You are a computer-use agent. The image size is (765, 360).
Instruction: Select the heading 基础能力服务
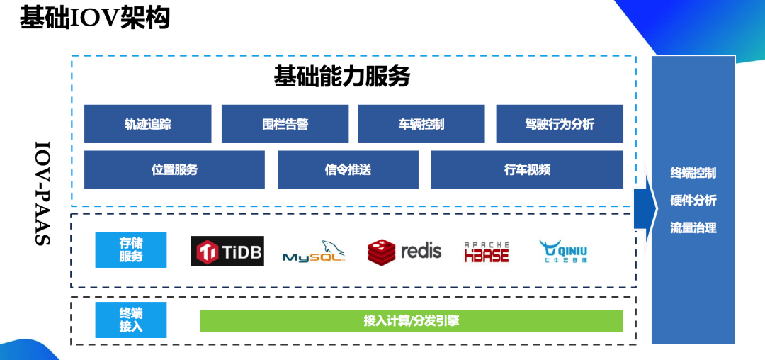point(341,77)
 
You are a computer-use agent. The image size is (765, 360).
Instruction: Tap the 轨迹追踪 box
point(147,124)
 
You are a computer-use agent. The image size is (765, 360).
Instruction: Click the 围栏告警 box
point(285,124)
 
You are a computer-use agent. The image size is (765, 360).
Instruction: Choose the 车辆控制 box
point(421,124)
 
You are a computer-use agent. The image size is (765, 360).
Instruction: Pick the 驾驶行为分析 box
point(560,124)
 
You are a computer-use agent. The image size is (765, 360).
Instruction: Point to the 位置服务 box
point(174,170)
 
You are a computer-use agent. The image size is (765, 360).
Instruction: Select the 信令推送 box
point(348,170)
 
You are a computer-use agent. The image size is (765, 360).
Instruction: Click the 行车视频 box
point(527,170)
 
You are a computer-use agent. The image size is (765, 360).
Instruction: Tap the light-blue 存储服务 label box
point(131,249)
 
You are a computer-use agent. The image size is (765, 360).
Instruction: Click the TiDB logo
point(227,251)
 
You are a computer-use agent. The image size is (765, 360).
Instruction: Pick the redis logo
point(404,251)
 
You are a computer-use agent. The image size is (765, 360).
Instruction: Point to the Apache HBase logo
point(487,252)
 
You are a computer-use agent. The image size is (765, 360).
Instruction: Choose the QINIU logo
point(563,251)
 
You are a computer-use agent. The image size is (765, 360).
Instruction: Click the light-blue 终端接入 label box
point(131,320)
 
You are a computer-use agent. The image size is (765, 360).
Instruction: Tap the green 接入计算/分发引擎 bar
point(412,320)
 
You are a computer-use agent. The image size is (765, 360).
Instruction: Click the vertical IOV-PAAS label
point(42,193)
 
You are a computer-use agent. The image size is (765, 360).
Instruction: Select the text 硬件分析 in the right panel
point(693,201)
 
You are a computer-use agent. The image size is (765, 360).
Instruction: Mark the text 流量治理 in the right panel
point(693,228)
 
